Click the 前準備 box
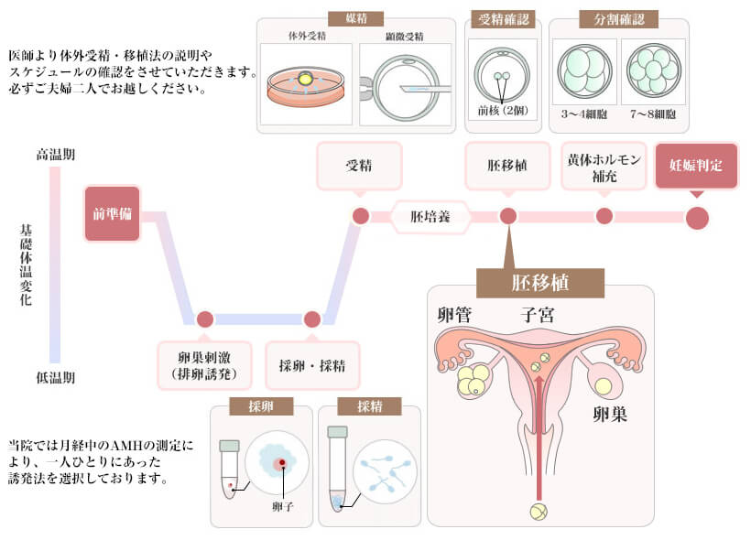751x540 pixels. pos(112,214)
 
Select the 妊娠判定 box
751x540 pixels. pos(696,165)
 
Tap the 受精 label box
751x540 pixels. pos(359,166)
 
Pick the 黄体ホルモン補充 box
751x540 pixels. pos(604,166)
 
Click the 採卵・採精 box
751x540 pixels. pos(312,365)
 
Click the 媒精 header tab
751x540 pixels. pos(355,18)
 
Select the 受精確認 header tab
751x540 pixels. pos(501,18)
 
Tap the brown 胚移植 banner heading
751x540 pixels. pos(540,282)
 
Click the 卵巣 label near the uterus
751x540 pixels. pos(607,414)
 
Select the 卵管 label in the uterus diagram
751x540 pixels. pos(455,316)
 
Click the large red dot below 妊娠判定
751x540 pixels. pos(697,218)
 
